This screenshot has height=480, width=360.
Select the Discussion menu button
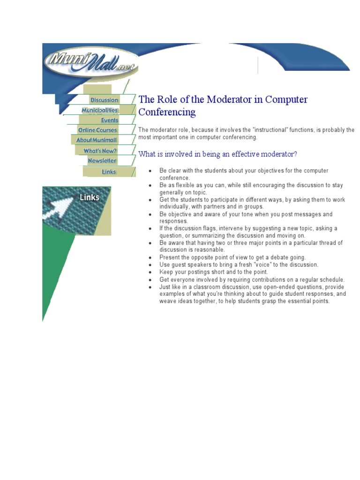pos(104,100)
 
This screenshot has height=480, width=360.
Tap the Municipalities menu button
pos(100,110)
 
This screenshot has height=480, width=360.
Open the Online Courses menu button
pos(97,130)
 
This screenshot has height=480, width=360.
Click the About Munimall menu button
pos(97,140)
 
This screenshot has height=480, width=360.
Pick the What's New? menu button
pos(100,150)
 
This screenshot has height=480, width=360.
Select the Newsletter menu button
pos(102,160)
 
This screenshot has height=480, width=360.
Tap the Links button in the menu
pos(109,172)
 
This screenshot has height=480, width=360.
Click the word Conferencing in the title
pos(167,112)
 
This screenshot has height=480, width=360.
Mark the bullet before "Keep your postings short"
pos(150,272)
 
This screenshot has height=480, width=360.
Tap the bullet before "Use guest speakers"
pos(150,265)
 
